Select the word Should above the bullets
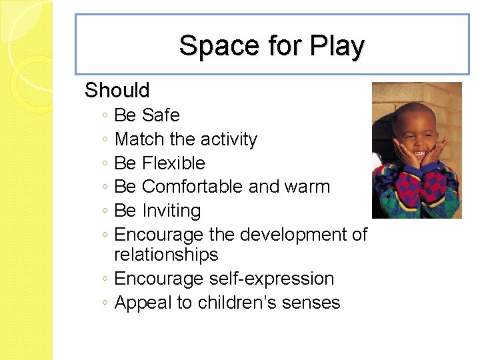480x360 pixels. pyautogui.click(x=117, y=90)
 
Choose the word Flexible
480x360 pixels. pyautogui.click(x=173, y=163)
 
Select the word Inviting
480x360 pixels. pyautogui.click(x=171, y=211)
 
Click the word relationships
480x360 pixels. pyautogui.click(x=166, y=255)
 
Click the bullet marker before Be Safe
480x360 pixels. pyautogui.click(x=107, y=116)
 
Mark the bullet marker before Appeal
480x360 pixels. pyautogui.click(x=107, y=303)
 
